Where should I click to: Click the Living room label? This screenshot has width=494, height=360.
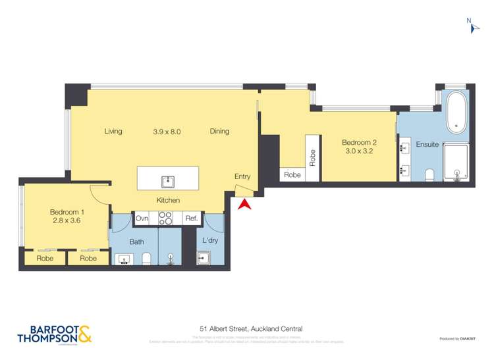point(113,132)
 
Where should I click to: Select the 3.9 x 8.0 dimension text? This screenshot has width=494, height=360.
point(167,132)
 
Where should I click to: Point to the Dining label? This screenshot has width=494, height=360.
point(219,132)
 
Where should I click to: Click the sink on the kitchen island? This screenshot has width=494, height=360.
point(167,180)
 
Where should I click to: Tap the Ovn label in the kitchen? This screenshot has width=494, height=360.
point(142,219)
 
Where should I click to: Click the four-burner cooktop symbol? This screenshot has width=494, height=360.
point(165,219)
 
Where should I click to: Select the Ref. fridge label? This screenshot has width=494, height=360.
point(191,219)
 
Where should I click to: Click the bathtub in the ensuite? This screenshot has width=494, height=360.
point(456,113)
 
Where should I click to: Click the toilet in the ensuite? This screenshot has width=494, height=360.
point(429,174)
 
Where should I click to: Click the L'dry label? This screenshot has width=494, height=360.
point(210,241)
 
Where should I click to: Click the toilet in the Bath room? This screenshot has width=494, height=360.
point(147,259)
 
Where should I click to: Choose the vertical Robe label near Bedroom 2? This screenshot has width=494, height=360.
point(312,157)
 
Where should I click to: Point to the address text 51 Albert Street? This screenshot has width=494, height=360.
point(251,328)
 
